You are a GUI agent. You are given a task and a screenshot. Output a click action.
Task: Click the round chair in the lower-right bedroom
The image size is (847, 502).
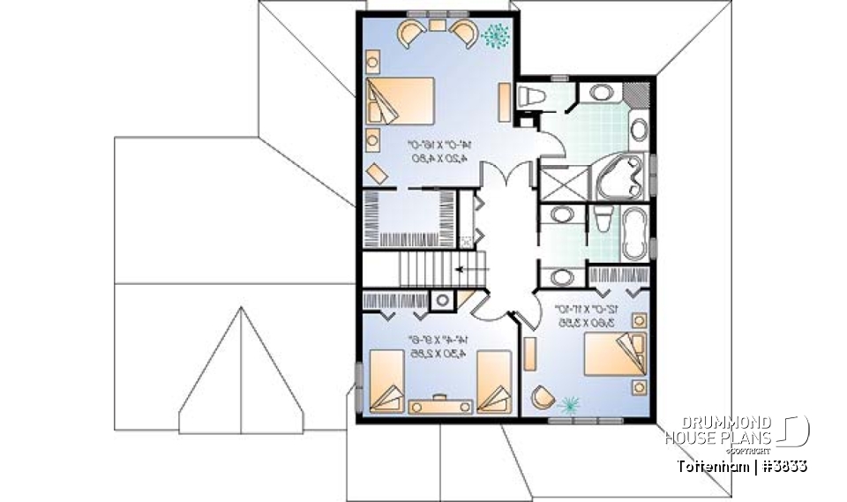(x=541, y=399)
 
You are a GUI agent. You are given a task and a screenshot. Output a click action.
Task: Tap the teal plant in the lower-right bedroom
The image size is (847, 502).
(x=570, y=404)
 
